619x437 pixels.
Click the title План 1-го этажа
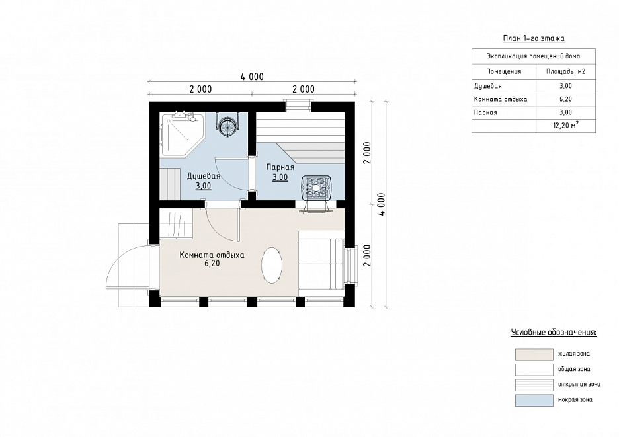click(534, 38)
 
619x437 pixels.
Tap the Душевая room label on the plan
click(203, 176)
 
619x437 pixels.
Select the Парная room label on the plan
click(280, 167)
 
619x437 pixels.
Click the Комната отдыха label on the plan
click(212, 255)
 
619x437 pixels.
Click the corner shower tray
click(183, 134)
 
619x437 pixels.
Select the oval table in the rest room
click(272, 265)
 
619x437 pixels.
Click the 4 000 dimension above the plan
click(252, 77)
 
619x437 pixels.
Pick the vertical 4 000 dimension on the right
click(382, 204)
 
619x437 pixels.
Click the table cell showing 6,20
click(565, 99)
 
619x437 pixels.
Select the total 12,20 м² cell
click(565, 126)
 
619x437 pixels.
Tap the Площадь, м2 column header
click(565, 71)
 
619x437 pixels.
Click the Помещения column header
click(504, 71)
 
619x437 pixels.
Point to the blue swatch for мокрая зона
click(534, 400)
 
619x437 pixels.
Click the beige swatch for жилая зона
click(534, 354)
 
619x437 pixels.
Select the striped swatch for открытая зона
click(534, 385)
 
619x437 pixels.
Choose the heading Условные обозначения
click(554, 332)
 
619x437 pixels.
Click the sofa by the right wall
click(321, 264)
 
